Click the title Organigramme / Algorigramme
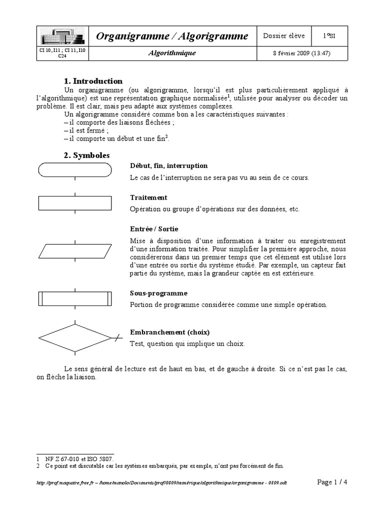click(x=172, y=36)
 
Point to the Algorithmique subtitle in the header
click(x=172, y=53)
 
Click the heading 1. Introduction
click(x=93, y=81)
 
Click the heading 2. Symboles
click(x=86, y=155)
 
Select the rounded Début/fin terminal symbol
click(x=75, y=170)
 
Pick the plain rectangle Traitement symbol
click(x=75, y=203)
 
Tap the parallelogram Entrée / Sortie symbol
click(x=75, y=250)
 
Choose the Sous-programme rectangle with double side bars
click(x=75, y=298)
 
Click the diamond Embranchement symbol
click(x=75, y=338)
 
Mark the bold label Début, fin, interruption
click(x=168, y=166)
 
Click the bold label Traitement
click(x=148, y=197)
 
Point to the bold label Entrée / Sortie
click(x=150, y=229)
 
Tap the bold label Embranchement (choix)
click(x=169, y=332)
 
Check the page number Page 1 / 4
click(x=332, y=482)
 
